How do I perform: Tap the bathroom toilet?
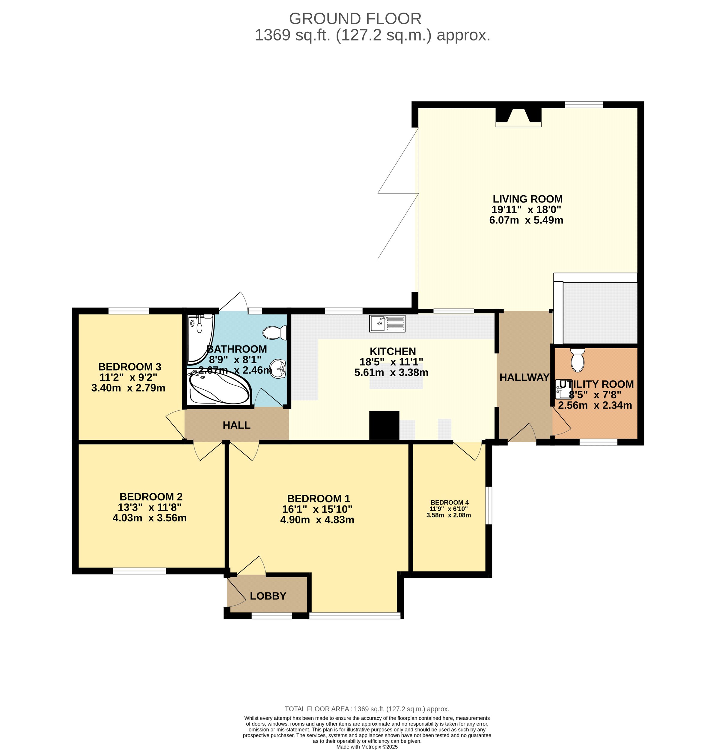coord(275,333)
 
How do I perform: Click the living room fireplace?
coord(518,117)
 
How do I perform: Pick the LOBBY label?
coord(268,596)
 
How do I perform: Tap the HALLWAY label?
coord(524,377)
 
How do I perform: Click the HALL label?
coord(237,425)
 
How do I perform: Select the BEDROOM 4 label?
coord(449,502)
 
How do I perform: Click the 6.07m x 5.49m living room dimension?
coord(526,220)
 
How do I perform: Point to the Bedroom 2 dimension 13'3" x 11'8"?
coord(150,507)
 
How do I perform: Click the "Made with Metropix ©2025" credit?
coord(367,747)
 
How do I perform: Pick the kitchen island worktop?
coord(396,376)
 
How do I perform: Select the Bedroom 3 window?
coord(129,310)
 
